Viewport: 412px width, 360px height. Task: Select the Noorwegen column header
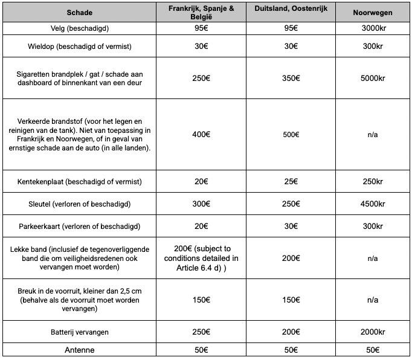point(373,12)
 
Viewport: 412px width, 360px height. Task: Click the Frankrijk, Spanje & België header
point(201,12)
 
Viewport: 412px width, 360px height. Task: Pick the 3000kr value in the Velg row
point(373,28)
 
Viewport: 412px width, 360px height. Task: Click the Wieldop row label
point(79,47)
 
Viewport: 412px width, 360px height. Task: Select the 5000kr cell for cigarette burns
point(373,79)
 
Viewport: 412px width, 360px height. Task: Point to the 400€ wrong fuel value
point(201,135)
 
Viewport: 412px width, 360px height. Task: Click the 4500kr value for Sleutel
point(373,204)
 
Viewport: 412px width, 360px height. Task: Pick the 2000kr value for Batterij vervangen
point(373,332)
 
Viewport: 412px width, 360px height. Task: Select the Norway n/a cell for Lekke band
point(373,258)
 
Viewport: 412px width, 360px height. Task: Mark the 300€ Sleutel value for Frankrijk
point(201,204)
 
